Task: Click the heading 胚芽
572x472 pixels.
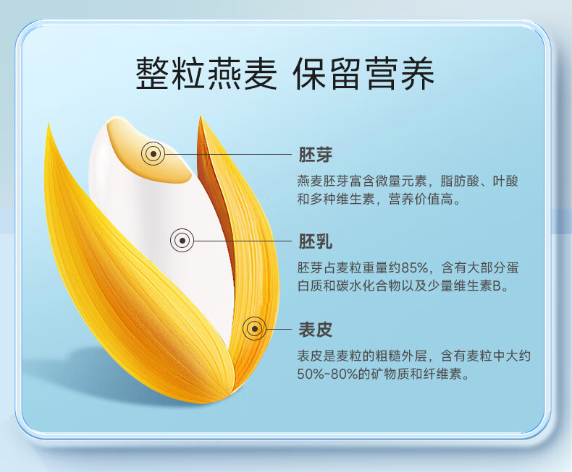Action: (316, 155)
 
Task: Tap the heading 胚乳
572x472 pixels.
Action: (316, 241)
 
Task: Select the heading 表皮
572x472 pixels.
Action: (316, 330)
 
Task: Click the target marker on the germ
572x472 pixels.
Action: (153, 154)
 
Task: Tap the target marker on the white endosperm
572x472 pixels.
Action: (182, 241)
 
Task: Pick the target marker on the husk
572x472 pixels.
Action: (255, 329)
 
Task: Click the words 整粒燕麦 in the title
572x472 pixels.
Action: (206, 73)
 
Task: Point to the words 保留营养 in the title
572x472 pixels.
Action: (363, 73)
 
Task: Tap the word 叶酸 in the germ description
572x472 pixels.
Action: (505, 181)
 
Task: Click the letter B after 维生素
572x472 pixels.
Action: (497, 286)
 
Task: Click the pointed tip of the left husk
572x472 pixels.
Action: (49, 124)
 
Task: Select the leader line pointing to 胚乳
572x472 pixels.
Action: (243, 241)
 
